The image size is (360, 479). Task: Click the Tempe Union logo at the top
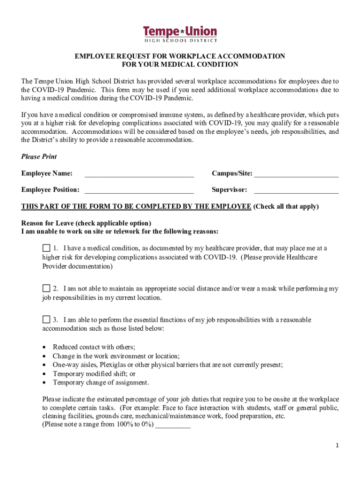pos(180,34)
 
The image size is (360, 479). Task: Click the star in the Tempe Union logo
pos(180,32)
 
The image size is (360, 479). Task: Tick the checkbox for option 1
pos(46,248)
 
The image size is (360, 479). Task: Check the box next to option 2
pos(46,288)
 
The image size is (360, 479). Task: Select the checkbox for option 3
pos(46,319)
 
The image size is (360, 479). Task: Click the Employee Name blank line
pos(139,174)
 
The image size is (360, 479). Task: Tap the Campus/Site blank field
pos(296,174)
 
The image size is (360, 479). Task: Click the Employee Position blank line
pos(139,190)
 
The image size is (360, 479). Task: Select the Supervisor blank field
pos(296,190)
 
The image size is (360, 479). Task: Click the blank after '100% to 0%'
pos(173,425)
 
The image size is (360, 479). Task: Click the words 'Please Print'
pos(39,157)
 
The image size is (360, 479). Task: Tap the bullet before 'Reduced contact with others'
pos(44,347)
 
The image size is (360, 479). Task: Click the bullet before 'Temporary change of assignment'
pos(44,383)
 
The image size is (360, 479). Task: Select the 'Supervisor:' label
pos(229,190)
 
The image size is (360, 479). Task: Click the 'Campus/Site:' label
pos(232,174)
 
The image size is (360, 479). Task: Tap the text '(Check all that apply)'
pos(286,206)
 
